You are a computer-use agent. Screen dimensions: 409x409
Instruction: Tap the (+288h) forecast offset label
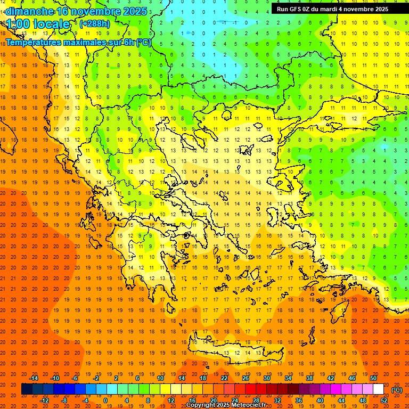pyautogui.click(x=95, y=23)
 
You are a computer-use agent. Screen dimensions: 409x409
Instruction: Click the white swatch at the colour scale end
pyautogui.click(x=378, y=389)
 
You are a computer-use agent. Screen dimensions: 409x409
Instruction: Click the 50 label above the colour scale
pyautogui.click(x=373, y=378)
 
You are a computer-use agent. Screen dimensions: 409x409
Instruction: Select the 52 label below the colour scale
pyautogui.click(x=384, y=400)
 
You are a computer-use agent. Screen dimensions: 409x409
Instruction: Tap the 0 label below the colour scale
pyautogui.click(x=105, y=400)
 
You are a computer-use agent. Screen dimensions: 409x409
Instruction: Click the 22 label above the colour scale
pyautogui.click(x=224, y=378)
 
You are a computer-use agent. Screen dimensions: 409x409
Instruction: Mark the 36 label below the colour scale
pyautogui.click(x=299, y=400)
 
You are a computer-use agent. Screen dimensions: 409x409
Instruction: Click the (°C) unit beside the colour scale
pyautogui.click(x=397, y=390)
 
